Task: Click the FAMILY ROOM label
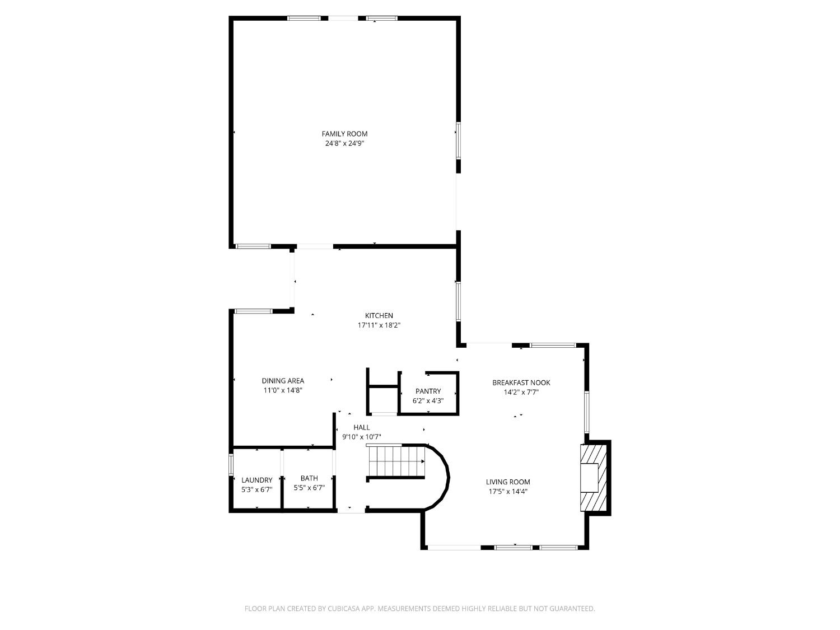pos(344,134)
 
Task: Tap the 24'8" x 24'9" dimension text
pos(344,143)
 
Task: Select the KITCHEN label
pos(379,316)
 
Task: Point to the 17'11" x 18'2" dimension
pos(379,325)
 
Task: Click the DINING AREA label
pos(283,381)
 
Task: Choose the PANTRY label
pos(428,391)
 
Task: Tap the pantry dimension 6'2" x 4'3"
pos(428,401)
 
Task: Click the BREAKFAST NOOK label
pos(521,383)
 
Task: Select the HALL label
pos(361,427)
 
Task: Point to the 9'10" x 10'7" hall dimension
pos(361,437)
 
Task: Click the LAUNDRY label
pos(256,480)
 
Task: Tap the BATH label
pos(309,478)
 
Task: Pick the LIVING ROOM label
pos(507,482)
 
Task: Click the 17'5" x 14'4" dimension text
pos(507,492)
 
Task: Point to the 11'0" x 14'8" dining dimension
pos(283,390)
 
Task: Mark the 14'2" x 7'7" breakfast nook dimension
pos(521,393)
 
